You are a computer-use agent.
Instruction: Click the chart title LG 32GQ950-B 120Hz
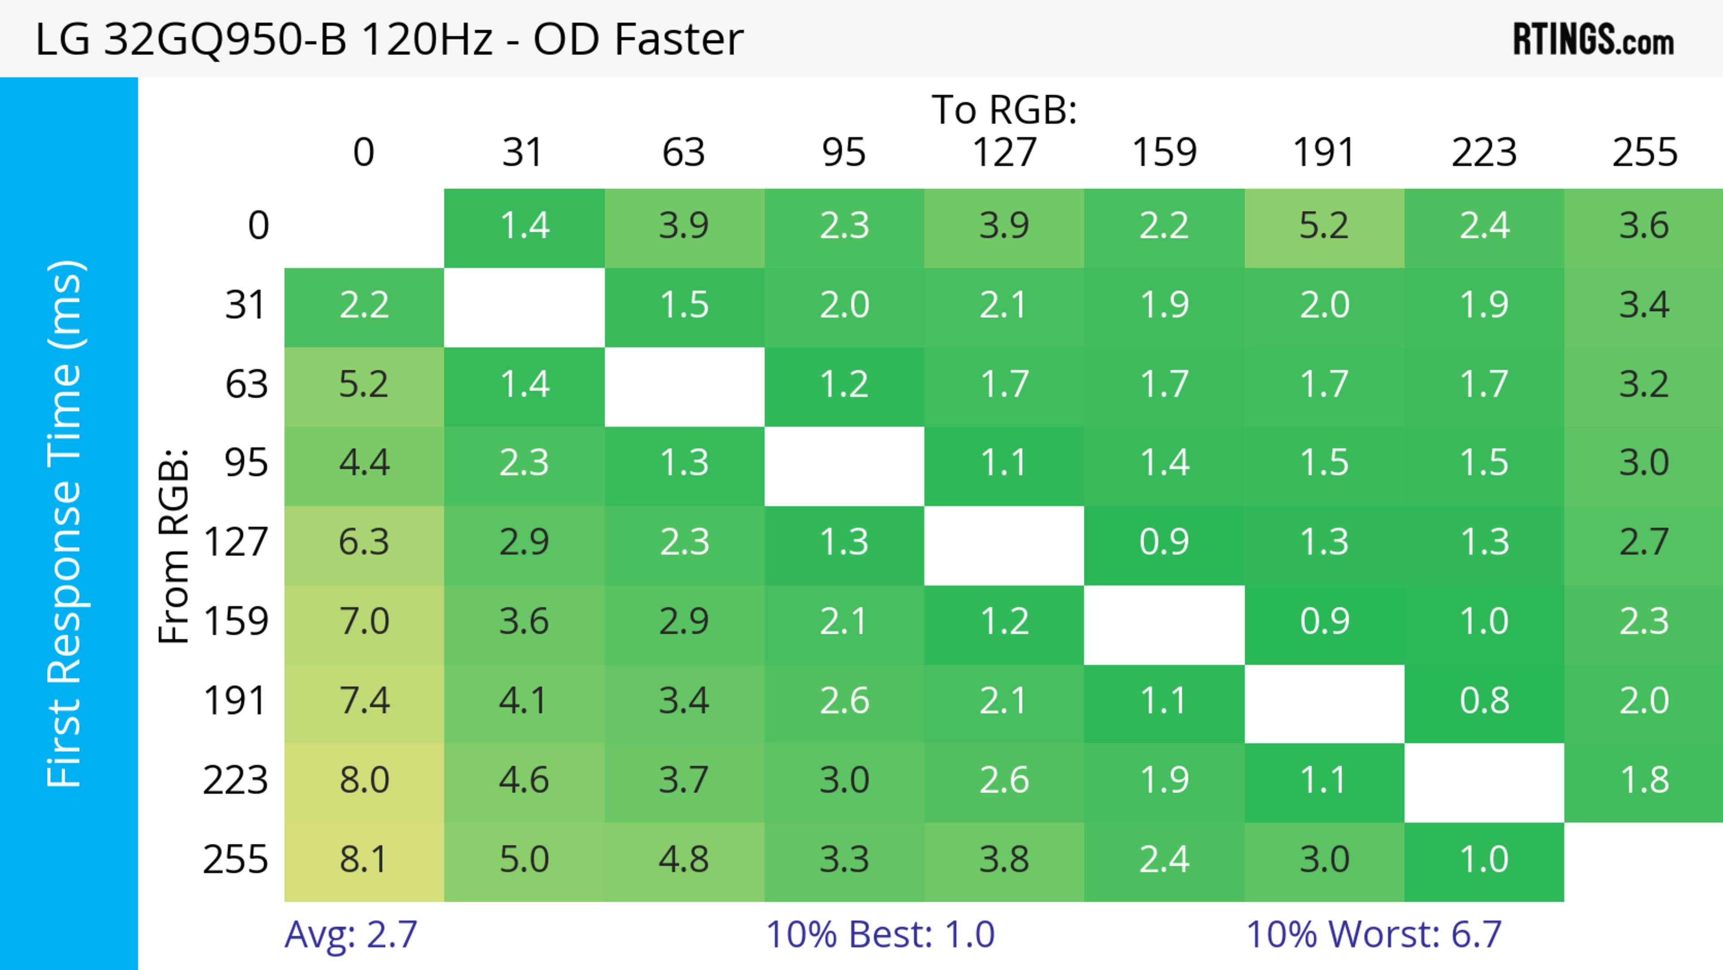pos(388,39)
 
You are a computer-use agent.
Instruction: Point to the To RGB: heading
pos(1004,109)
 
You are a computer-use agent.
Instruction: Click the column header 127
pos(1004,153)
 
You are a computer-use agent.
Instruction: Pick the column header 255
pos(1644,153)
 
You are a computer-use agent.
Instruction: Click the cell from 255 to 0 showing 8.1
pos(364,860)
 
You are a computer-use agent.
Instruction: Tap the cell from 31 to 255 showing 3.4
pos(1644,306)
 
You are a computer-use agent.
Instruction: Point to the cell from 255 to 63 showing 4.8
pos(683,860)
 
